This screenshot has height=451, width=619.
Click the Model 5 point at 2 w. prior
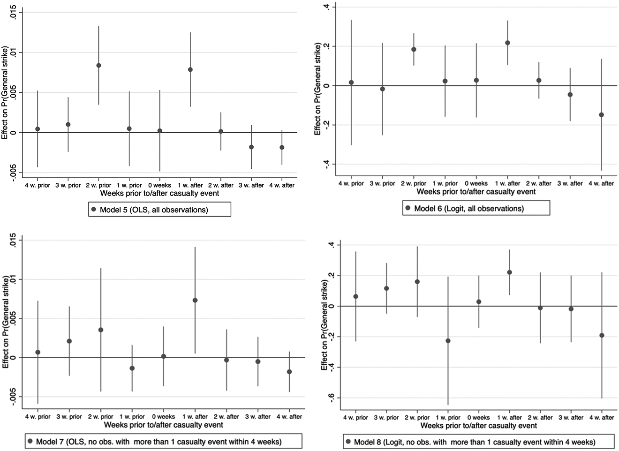coord(98,66)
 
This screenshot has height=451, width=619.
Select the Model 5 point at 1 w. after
coord(190,70)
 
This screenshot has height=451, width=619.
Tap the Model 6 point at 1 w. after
coord(507,43)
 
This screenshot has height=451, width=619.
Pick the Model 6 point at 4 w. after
coord(601,115)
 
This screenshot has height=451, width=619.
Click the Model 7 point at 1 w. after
coord(195,300)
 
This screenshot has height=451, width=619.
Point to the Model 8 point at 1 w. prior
coord(448,341)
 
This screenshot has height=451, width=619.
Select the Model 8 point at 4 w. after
coord(602,335)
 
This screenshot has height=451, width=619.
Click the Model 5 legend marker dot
coord(93,210)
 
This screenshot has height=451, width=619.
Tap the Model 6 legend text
coord(469,208)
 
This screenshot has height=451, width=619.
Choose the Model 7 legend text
coord(159,442)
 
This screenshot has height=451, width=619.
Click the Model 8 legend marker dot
coord(348,441)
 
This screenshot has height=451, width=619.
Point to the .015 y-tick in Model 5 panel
coord(13,12)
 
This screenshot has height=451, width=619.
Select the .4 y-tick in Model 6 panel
coord(327,7)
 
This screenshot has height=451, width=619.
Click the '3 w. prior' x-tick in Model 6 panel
coord(383,183)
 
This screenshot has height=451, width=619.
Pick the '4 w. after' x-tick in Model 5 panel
coord(282,185)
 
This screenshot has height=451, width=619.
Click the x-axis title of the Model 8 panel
coord(479,425)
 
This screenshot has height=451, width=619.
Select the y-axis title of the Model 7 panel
coord(5,322)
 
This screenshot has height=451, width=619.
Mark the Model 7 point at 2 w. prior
coord(100,330)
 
